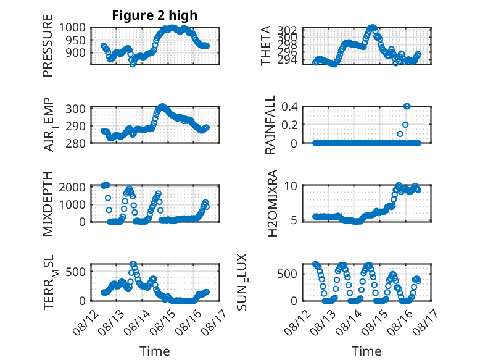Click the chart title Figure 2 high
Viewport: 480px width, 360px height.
155,15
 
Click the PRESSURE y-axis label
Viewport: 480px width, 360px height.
48,46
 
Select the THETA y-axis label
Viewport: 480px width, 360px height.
266,46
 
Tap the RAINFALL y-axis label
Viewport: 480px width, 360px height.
270,125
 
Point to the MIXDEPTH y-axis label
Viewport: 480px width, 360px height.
48,204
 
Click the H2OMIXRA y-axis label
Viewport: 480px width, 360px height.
273,203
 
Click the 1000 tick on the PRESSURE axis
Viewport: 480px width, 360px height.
72,28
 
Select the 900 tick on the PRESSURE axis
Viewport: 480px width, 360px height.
76,52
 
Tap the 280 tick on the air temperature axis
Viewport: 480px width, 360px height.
76,143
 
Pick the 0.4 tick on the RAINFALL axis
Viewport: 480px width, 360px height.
289,107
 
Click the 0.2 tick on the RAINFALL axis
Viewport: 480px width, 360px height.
289,125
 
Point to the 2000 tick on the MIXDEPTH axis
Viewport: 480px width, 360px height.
72,187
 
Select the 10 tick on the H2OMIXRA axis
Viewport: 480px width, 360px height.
291,186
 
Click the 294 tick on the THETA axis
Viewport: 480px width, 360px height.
287,61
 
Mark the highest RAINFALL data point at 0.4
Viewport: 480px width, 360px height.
407,106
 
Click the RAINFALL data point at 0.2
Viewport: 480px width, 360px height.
405,125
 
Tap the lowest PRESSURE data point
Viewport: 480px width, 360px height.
132,64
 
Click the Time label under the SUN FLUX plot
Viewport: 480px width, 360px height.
366,351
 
